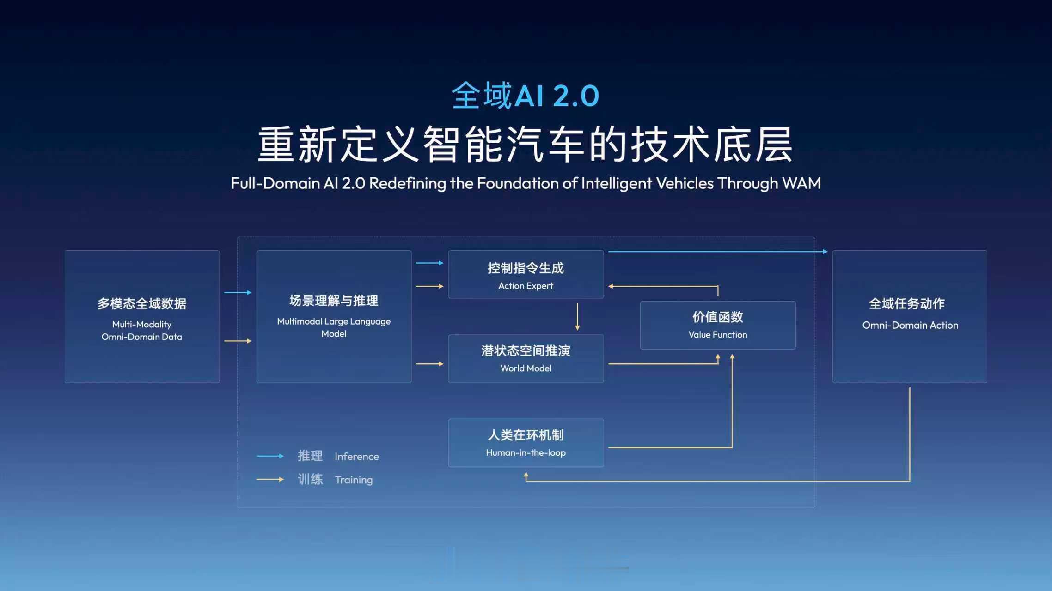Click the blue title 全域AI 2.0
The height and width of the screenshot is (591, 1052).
click(x=525, y=96)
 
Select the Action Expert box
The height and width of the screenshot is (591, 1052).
click(x=526, y=275)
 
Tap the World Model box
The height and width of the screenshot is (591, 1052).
click(x=526, y=359)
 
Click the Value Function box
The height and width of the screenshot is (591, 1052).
click(x=717, y=325)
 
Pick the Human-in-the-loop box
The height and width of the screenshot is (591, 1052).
click(x=526, y=443)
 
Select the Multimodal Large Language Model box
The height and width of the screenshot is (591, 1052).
click(x=334, y=316)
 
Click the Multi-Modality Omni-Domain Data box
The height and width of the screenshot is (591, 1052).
click(x=142, y=316)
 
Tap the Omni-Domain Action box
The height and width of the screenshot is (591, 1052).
click(x=909, y=316)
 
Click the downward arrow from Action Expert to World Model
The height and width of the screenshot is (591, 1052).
click(x=577, y=316)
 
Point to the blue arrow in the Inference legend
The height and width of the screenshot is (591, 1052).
click(x=270, y=456)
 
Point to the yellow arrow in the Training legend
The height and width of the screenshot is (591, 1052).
click(x=270, y=479)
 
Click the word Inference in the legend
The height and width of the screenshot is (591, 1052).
click(x=356, y=457)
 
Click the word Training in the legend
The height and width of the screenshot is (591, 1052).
click(x=354, y=480)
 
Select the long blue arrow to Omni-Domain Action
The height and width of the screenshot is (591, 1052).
click(x=716, y=252)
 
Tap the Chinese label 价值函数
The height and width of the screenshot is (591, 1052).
click(x=717, y=317)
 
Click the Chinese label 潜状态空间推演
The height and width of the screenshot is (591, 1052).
click(x=526, y=350)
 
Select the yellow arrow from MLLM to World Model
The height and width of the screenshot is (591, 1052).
click(x=429, y=364)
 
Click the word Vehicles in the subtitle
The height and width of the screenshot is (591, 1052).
click(x=685, y=183)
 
